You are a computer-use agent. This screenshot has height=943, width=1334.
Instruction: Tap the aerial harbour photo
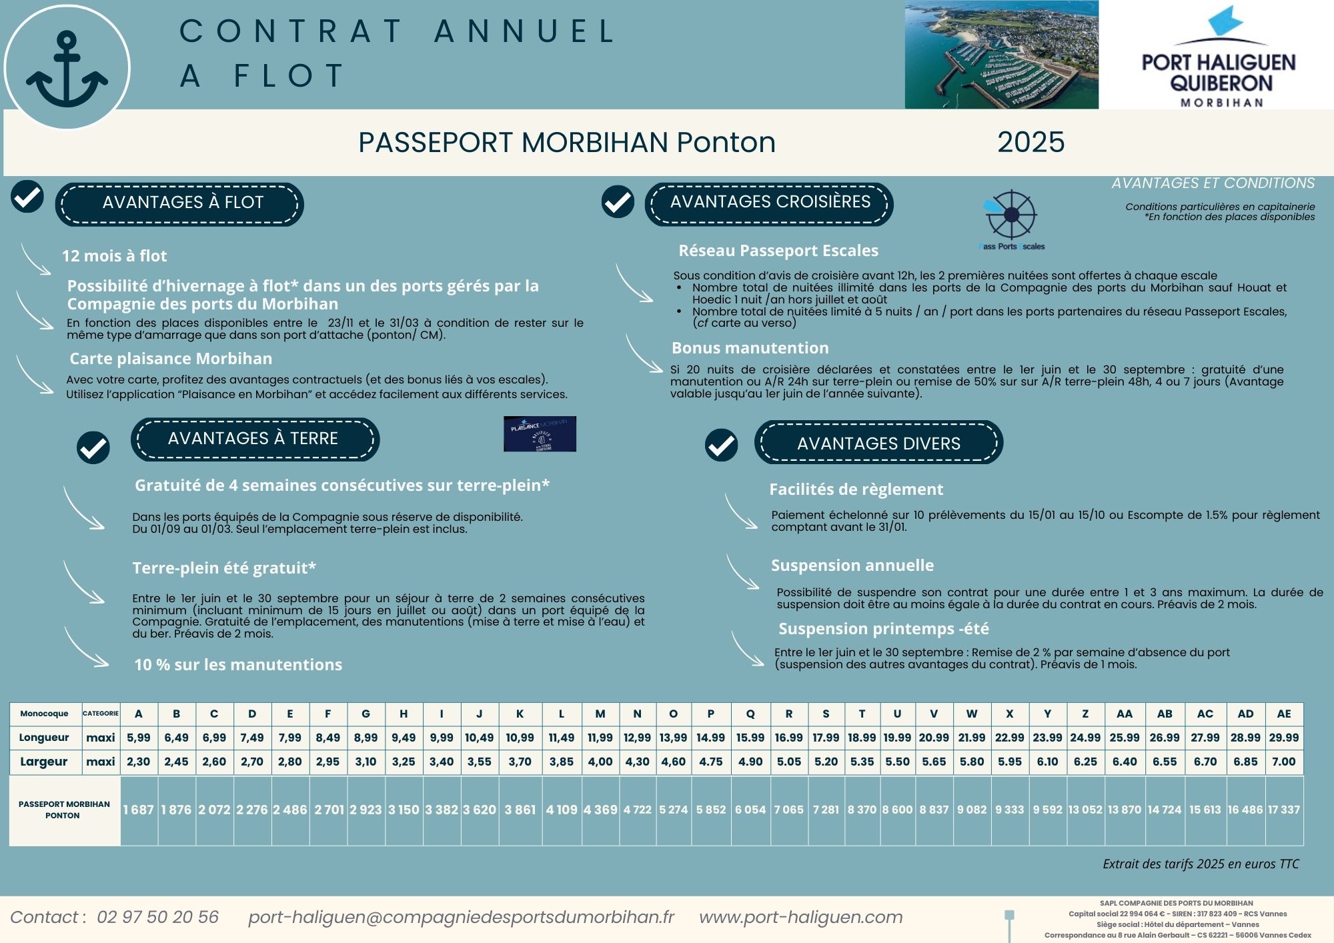pyautogui.click(x=1000, y=55)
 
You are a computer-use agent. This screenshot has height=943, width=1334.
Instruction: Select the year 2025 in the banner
pyautogui.click(x=1031, y=142)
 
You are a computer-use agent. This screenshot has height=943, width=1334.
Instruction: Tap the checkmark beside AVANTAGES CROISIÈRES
pyautogui.click(x=618, y=201)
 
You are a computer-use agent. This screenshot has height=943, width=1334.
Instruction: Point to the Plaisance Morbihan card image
pyautogui.click(x=540, y=434)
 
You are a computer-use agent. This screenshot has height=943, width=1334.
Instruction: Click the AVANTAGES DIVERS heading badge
pyautogui.click(x=878, y=443)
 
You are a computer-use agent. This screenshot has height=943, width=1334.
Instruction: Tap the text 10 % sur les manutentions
pyautogui.click(x=238, y=665)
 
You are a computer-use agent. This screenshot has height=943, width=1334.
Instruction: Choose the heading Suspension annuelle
pyautogui.click(x=852, y=566)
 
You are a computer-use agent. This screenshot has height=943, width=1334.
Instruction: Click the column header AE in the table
pyautogui.click(x=1283, y=714)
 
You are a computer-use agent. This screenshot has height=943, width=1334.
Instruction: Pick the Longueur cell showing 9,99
pyautogui.click(x=441, y=738)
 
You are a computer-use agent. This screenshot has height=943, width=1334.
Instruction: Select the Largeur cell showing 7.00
pyautogui.click(x=1283, y=762)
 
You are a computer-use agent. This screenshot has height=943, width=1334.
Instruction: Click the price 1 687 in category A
pyautogui.click(x=138, y=810)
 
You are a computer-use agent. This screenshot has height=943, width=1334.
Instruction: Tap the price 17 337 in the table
pyautogui.click(x=1283, y=810)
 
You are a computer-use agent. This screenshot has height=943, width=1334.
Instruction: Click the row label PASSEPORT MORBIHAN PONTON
pyautogui.click(x=64, y=810)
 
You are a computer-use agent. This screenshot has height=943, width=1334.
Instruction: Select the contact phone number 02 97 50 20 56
pyautogui.click(x=157, y=918)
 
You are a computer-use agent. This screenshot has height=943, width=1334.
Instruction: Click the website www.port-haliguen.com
pyautogui.click(x=800, y=918)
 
